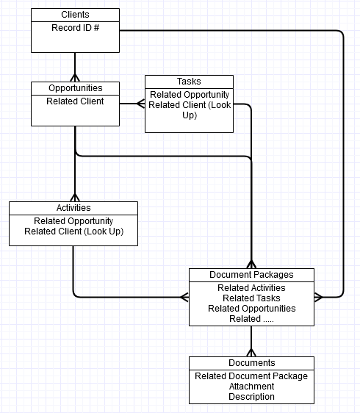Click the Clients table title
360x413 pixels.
point(75,15)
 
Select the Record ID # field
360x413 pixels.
point(76,28)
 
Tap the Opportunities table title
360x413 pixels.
point(76,88)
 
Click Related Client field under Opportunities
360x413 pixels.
point(75,101)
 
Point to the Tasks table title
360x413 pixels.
point(189,82)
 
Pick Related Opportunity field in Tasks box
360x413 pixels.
point(190,95)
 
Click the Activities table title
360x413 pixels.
point(73,208)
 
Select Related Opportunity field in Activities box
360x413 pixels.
point(73,221)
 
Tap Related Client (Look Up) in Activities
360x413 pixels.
point(73,231)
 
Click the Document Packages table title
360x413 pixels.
point(251,275)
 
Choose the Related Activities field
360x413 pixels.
point(251,288)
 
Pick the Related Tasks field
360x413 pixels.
point(251,298)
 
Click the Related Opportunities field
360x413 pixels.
point(252,309)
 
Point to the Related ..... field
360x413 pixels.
point(251,319)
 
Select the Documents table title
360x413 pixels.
point(252,363)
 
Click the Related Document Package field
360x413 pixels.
point(251,376)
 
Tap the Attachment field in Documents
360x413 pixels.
point(251,387)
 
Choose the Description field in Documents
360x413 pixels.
point(251,397)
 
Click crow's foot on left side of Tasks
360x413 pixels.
point(140,104)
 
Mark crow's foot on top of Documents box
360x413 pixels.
point(251,353)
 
